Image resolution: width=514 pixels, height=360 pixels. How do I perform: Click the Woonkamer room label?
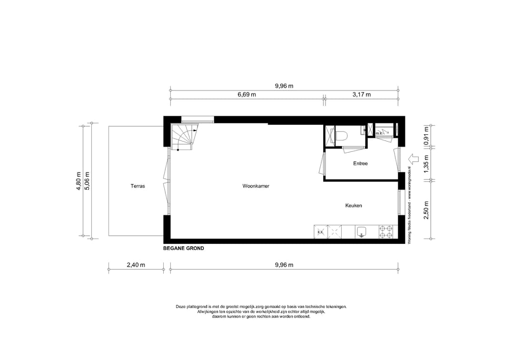point(256,186)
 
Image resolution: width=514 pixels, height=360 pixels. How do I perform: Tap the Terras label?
point(138,186)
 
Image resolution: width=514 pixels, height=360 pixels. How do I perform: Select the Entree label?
point(360,163)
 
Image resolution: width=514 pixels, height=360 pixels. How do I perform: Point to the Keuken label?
point(354,206)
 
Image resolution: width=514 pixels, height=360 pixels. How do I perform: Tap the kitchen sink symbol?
point(361,232)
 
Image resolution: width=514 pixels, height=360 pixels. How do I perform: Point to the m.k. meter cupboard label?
point(379,134)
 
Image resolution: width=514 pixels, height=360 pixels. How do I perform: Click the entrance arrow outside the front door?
point(413,158)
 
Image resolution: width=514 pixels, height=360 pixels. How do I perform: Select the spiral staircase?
point(182,137)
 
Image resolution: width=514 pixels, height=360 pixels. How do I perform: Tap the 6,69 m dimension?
point(247,95)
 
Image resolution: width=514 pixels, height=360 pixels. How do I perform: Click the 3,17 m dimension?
point(362,95)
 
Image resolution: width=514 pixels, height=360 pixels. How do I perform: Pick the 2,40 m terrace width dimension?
point(136,265)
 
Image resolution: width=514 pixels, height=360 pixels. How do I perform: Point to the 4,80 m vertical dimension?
point(79,181)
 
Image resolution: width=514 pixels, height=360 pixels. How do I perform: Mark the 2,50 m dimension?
point(426,210)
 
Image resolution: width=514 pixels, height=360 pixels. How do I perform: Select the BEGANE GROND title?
point(184,249)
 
